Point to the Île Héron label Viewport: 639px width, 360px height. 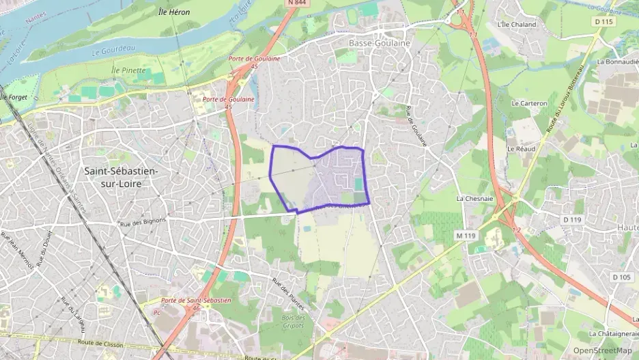(174, 12)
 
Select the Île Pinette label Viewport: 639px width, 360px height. (128, 70)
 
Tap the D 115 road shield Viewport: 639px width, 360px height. (604, 22)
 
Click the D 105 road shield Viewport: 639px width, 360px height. (621, 277)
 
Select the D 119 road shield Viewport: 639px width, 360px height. (571, 219)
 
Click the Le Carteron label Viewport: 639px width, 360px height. (529, 103)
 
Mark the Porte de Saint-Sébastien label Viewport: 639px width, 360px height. (195, 300)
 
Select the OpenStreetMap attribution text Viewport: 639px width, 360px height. (602, 350)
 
